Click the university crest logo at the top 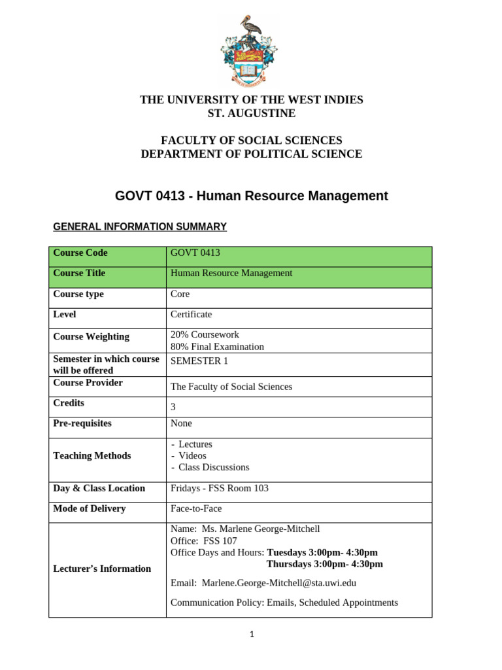250,51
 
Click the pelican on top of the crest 250,26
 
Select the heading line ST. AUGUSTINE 251,113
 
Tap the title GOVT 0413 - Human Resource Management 251,196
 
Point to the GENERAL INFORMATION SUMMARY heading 139,226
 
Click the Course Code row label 80,253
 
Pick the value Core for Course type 180,294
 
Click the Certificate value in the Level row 191,314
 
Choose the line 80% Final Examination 217,347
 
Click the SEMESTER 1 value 199,361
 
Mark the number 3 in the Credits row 173,406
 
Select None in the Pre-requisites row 181,423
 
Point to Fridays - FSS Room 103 219,488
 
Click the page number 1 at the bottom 251,634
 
